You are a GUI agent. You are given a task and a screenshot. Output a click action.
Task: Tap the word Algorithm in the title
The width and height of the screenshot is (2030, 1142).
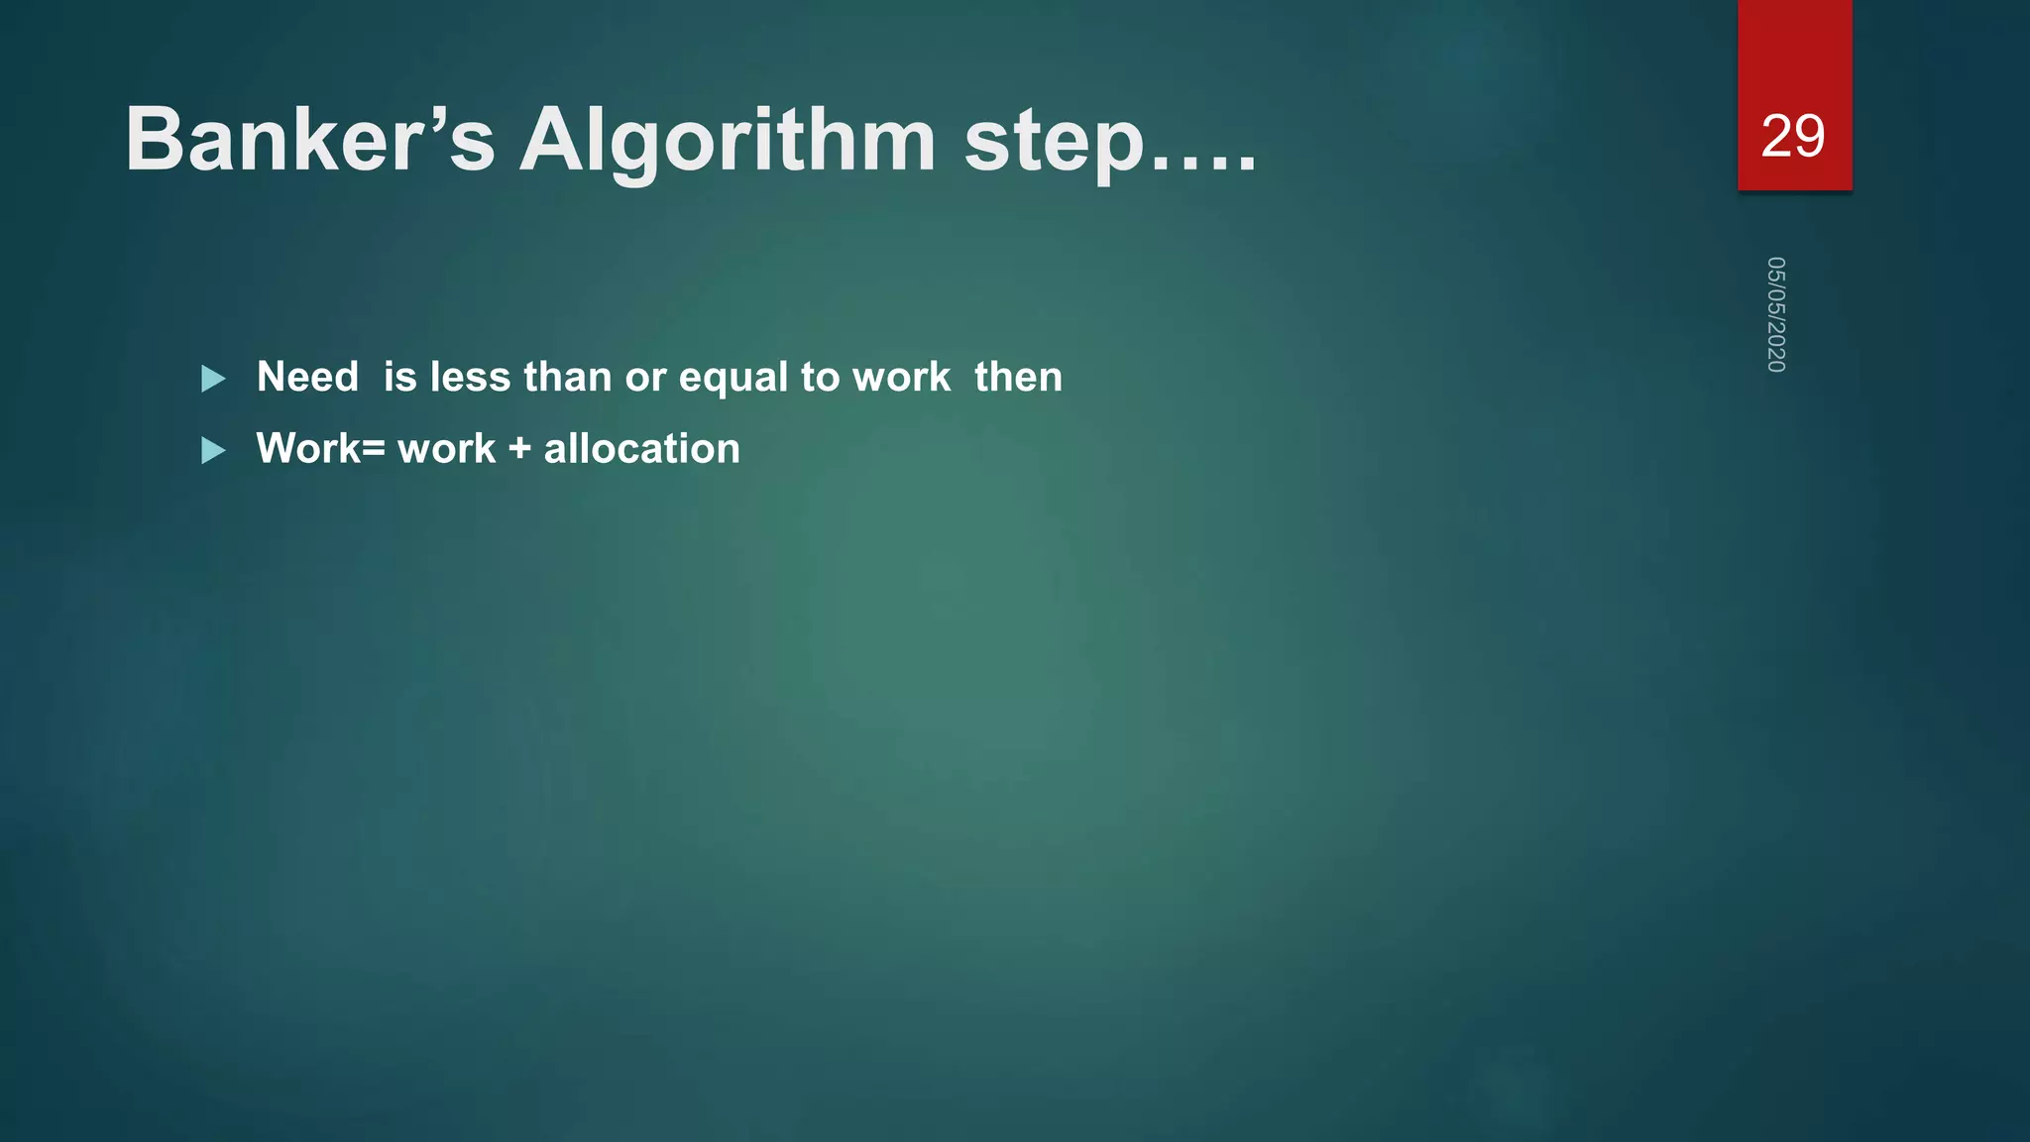point(728,140)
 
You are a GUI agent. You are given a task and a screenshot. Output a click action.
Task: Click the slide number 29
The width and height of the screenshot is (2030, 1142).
point(1793,136)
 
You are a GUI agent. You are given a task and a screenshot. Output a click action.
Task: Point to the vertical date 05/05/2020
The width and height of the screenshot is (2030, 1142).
point(1776,314)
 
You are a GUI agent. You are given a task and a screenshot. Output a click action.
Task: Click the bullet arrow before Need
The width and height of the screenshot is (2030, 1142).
point(213,379)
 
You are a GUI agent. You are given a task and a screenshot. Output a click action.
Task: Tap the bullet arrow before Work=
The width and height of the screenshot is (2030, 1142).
point(213,451)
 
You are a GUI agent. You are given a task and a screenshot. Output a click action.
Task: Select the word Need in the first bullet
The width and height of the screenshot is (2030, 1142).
point(307,377)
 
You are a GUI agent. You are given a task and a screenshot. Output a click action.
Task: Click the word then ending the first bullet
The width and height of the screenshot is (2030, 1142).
point(1018,377)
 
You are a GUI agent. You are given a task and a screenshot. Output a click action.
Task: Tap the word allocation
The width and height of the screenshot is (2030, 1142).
point(641,449)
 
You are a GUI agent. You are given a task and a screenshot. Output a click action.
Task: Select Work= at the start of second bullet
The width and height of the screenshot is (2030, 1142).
point(320,449)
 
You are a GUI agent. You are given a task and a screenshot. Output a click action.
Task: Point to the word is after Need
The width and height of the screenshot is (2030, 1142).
point(399,377)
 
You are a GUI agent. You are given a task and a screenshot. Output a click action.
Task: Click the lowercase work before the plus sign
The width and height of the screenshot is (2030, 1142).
point(446,449)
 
